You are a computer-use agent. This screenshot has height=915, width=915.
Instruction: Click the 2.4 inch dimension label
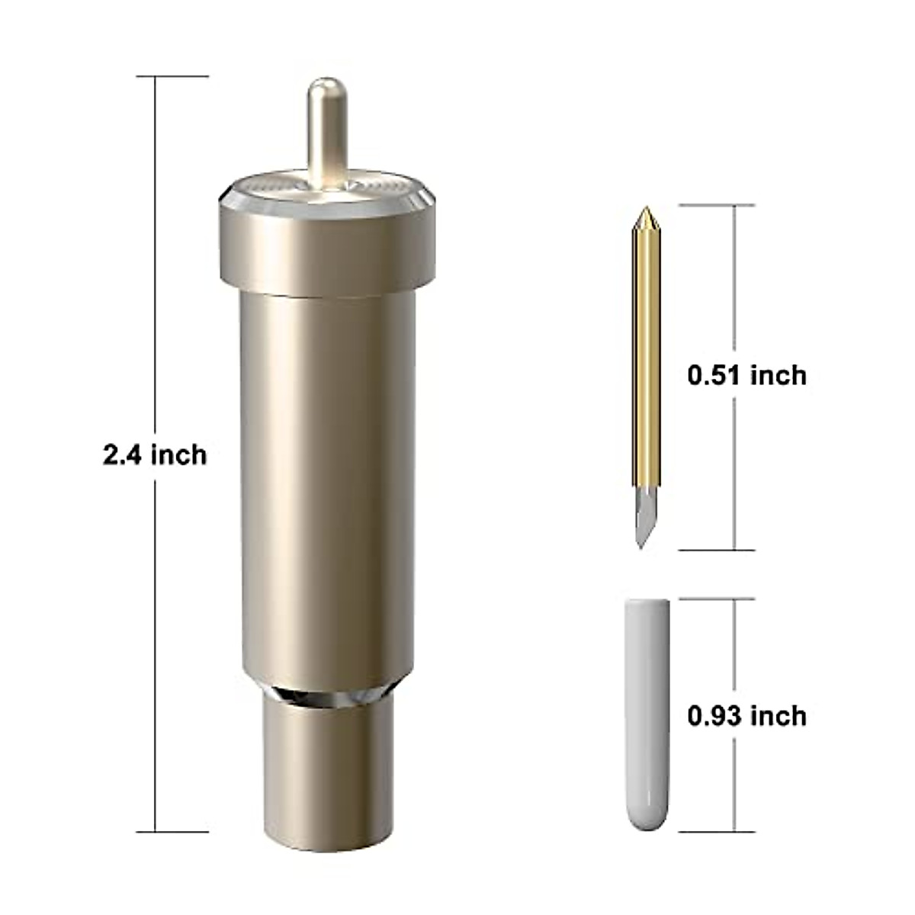coord(155,455)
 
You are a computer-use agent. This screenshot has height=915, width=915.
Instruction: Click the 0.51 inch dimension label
coord(746,375)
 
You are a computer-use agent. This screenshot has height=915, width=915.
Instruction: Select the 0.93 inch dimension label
coord(746,716)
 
